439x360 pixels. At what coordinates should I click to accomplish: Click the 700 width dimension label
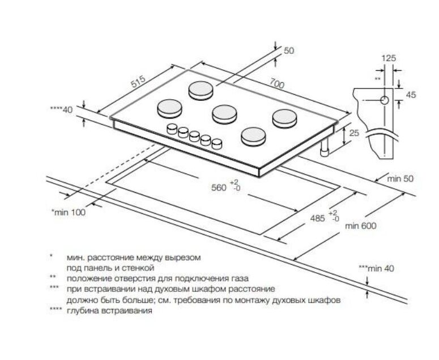pos(276,83)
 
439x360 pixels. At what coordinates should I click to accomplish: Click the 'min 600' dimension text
pos(360,225)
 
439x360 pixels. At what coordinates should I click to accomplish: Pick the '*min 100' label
pos(67,211)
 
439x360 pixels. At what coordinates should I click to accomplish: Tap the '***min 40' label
pos(376,268)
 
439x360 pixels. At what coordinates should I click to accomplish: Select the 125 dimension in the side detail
pos(388,58)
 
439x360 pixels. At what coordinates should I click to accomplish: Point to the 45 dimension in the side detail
pos(411,95)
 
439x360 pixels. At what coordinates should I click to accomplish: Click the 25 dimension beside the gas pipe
pos(355,133)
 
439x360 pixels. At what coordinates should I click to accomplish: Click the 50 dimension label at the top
pos(289,51)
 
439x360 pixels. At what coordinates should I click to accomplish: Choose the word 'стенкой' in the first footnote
pos(140,267)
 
